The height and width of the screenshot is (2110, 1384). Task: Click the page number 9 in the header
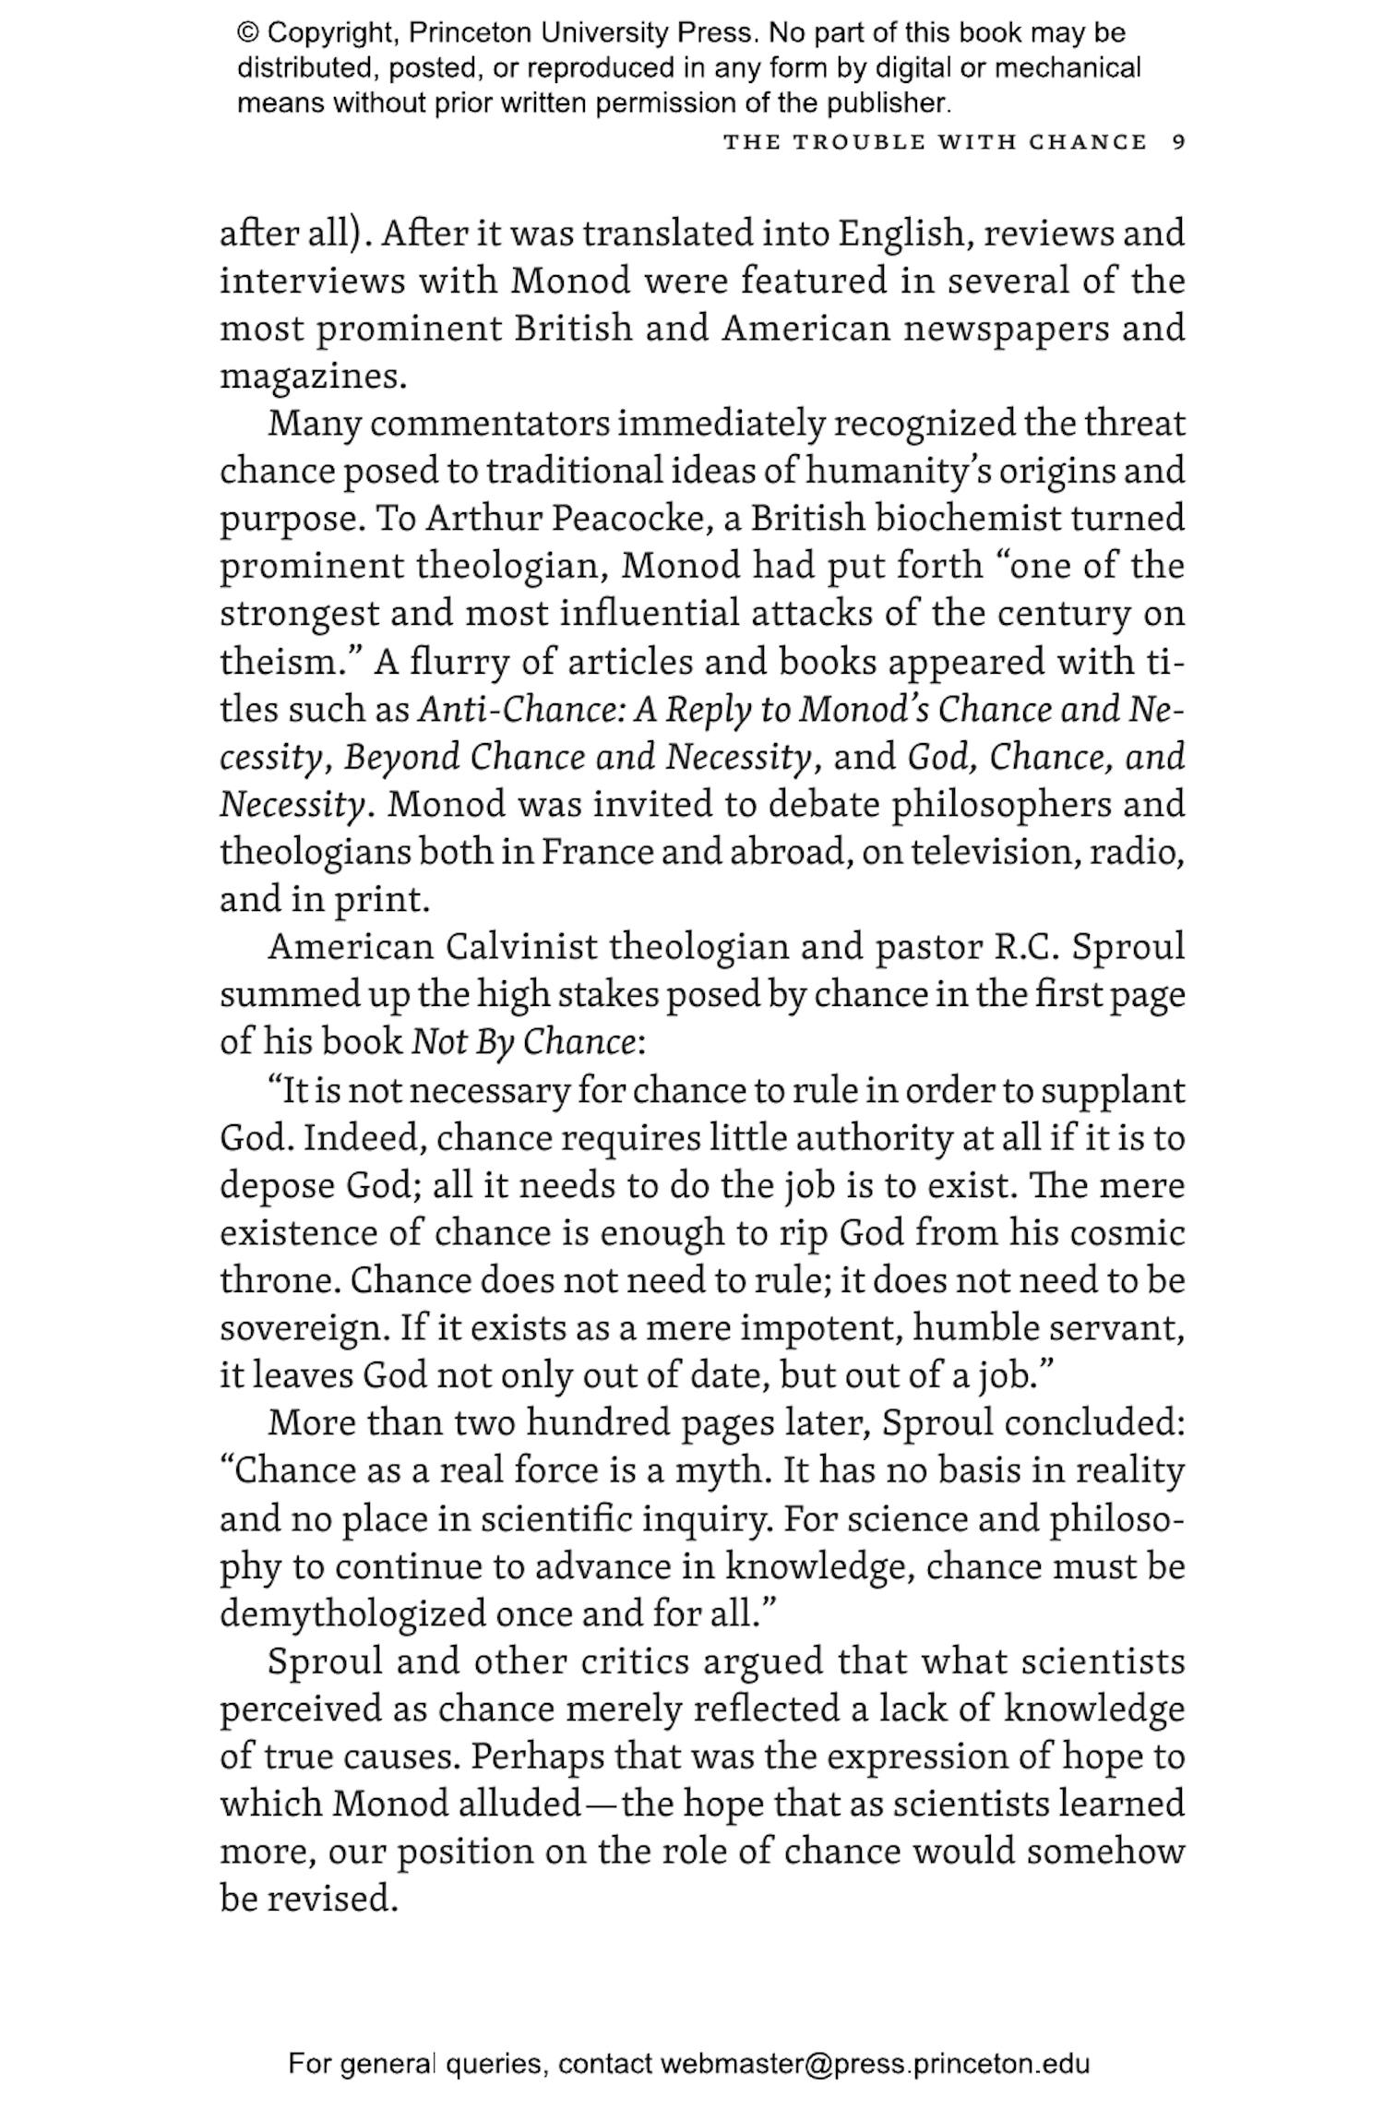tap(1178, 143)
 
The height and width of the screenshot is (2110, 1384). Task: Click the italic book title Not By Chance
tap(523, 1043)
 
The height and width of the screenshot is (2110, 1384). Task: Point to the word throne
tap(278, 1281)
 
